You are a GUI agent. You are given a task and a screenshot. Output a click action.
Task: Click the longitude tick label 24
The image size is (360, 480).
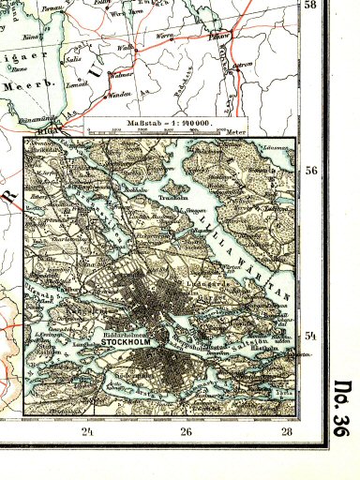pos(87,431)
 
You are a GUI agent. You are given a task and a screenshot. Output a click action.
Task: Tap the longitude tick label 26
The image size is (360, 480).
pos(186,431)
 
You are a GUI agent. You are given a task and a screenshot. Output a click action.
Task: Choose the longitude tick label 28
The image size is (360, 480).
pos(286,431)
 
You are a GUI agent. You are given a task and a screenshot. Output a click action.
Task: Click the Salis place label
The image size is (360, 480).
pos(69,58)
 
